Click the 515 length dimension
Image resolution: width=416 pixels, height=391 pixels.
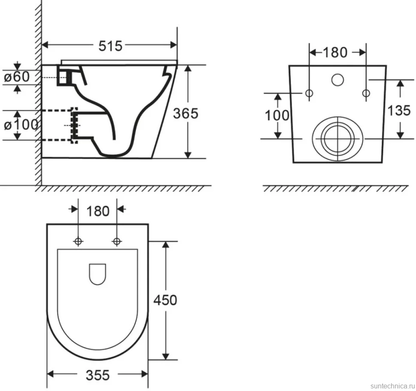tap(110, 46)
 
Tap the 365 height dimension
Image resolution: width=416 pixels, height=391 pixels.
tap(186, 113)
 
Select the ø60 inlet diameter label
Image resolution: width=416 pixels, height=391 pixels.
tap(17, 77)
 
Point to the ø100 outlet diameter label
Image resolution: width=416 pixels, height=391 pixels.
tap(21, 124)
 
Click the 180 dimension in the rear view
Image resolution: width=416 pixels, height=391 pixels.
tap(335, 52)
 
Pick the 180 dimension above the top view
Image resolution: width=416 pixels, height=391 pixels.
tap(98, 211)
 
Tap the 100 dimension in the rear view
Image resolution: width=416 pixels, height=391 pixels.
tap(277, 115)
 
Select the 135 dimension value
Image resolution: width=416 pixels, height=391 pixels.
tap(399, 110)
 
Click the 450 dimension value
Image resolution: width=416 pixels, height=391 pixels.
tap(165, 300)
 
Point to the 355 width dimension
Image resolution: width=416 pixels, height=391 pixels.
tap(98, 376)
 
